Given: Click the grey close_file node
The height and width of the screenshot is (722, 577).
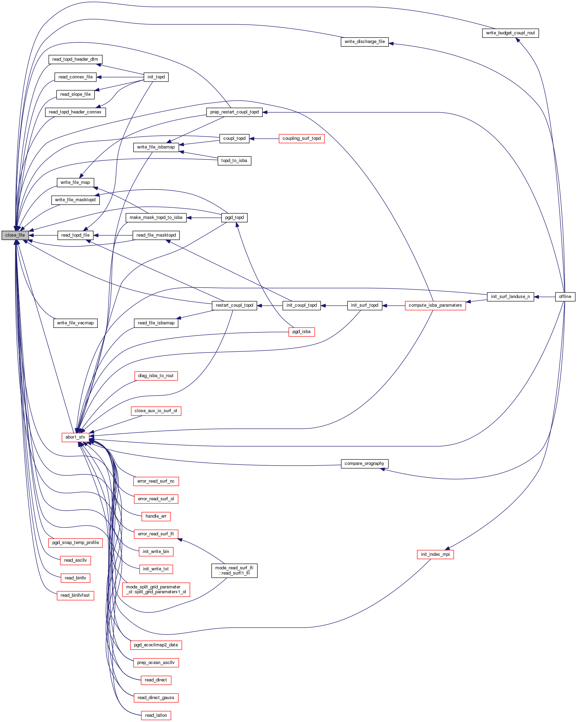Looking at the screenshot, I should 15,235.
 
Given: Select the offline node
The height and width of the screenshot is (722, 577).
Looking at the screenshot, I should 565,297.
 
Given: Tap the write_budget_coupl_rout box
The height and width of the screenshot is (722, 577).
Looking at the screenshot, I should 510,33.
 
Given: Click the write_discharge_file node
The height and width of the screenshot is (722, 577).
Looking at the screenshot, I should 365,42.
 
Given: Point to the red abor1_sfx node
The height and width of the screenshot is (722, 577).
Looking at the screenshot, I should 75,437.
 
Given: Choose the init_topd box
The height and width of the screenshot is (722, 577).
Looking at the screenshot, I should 156,77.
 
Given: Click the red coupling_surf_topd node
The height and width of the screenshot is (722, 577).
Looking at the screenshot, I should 301,138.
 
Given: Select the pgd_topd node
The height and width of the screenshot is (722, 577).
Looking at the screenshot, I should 234,218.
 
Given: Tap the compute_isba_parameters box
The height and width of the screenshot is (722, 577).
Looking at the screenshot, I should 435,305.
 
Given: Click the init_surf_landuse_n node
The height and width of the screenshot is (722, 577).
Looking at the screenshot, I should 510,297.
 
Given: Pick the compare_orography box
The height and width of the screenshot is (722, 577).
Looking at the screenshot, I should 364,464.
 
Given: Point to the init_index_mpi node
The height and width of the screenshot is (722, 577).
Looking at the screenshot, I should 435,554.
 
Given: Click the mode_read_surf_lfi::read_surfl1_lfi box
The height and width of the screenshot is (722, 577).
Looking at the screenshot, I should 234,570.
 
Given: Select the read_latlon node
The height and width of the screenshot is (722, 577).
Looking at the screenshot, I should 156,715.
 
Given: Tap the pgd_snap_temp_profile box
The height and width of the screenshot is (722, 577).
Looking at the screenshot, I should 76,543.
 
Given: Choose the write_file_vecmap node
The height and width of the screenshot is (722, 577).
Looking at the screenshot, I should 75,323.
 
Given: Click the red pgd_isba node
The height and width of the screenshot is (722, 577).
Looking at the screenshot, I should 301,332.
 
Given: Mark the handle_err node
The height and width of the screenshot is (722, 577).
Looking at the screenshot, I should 156,516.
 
